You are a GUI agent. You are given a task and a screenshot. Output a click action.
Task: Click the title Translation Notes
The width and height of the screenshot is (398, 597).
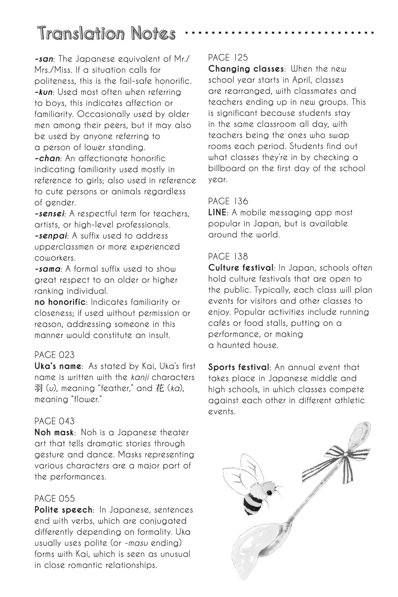tap(107, 33)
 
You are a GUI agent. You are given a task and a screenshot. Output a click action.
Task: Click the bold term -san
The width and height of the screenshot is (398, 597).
tap(44, 59)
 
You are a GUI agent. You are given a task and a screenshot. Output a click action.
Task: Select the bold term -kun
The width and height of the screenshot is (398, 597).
tap(44, 92)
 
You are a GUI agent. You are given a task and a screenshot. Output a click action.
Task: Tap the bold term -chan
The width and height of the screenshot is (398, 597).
tap(46, 158)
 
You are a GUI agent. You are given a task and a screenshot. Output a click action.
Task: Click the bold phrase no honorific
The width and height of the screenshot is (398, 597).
tap(60, 302)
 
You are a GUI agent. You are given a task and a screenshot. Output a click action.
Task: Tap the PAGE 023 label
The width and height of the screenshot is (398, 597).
tap(54, 355)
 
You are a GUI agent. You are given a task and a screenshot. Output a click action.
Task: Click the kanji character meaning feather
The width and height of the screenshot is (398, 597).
tap(38, 388)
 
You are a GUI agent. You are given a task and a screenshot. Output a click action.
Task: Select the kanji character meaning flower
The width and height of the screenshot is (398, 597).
tap(160, 388)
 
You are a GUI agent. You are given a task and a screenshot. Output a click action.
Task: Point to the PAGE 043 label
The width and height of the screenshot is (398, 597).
tap(54, 421)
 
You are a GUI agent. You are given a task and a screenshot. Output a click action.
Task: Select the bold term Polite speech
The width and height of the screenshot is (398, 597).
tap(64, 509)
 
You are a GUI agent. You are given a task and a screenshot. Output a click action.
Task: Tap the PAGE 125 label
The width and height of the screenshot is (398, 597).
tap(228, 57)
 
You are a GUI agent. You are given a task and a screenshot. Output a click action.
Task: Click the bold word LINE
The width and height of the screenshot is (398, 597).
tap(218, 212)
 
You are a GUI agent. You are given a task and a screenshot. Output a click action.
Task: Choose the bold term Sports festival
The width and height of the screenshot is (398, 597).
tap(239, 367)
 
